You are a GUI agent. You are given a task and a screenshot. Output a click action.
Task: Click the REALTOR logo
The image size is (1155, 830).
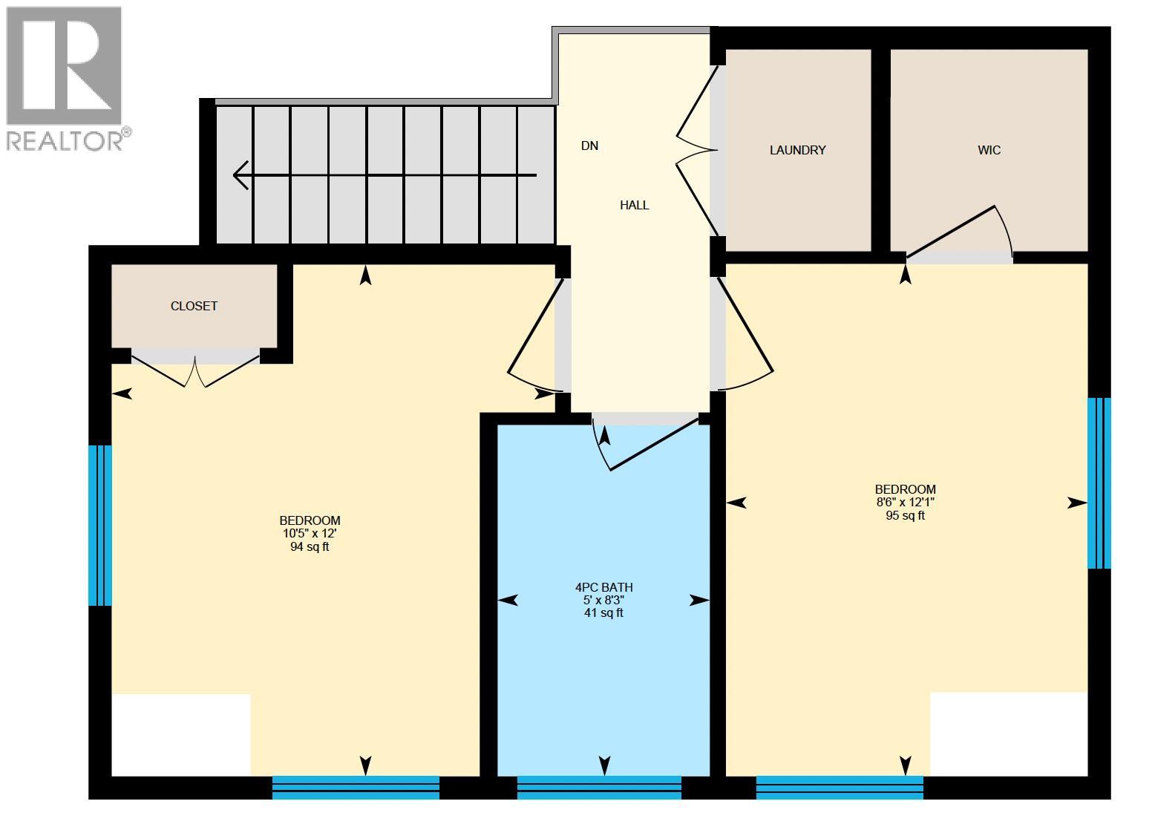(x=64, y=78)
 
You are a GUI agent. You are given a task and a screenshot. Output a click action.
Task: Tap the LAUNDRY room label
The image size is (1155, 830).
(x=797, y=150)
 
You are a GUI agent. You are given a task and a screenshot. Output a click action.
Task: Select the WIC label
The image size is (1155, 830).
(x=989, y=150)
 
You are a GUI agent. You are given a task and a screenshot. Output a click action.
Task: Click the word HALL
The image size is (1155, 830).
(x=634, y=205)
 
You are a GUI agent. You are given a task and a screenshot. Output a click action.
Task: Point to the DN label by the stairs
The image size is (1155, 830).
(x=589, y=146)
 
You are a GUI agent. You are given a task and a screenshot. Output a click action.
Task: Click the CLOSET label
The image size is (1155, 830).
(x=194, y=306)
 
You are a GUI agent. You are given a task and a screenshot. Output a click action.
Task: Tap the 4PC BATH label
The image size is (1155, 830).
(x=603, y=587)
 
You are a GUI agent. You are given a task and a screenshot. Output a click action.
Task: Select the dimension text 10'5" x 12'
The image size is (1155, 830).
(x=310, y=534)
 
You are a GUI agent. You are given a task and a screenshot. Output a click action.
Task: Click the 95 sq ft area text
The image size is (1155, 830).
(x=905, y=515)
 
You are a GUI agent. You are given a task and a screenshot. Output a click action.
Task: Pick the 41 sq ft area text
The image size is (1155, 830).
(x=603, y=612)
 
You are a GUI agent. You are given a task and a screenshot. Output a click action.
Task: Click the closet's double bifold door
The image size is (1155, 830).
(x=195, y=370)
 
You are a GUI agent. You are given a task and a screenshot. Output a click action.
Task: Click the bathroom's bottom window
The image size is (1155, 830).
(x=599, y=787)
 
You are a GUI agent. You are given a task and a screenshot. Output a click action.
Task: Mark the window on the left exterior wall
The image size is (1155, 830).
(x=100, y=525)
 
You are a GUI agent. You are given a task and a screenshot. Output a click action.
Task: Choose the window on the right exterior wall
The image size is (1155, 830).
(x=1099, y=483)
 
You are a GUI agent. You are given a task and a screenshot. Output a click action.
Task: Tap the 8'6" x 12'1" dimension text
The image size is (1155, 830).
(x=905, y=503)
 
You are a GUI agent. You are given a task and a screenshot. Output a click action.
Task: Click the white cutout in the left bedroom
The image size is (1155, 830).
(x=180, y=734)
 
